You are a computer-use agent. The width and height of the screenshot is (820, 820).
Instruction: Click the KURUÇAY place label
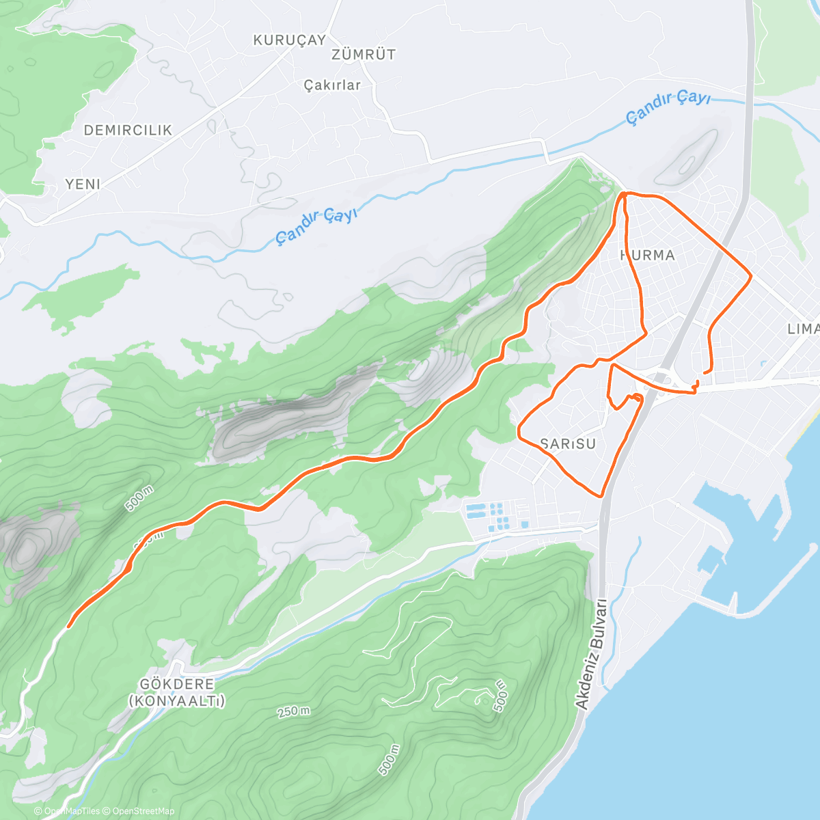pos(290,40)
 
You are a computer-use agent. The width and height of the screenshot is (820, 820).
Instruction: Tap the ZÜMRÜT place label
pos(364,55)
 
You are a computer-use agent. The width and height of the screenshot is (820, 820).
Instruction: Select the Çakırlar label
pos(332,85)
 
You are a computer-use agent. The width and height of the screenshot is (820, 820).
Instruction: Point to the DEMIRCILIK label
pos(128,130)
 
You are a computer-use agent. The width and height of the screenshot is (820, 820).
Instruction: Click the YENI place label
pos(83,184)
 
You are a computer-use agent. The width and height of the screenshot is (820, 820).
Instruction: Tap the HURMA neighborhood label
pos(647,256)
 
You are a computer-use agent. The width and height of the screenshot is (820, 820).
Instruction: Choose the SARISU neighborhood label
pos(568,444)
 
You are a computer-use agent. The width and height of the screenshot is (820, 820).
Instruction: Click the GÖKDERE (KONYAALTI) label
pos(177,692)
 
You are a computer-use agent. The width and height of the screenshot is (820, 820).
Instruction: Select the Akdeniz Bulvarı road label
pos(592,654)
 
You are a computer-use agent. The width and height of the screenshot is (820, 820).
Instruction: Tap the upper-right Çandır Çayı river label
pos(668,107)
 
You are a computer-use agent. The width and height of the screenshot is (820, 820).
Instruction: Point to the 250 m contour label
pos(293,711)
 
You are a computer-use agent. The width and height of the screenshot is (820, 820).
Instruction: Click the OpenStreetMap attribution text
pos(143,811)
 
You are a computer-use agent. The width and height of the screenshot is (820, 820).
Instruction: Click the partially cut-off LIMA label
pos(803,329)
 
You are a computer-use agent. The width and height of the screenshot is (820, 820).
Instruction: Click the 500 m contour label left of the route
pos(139,499)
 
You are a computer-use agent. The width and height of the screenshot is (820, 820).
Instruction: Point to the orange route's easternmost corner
pos(751,276)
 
